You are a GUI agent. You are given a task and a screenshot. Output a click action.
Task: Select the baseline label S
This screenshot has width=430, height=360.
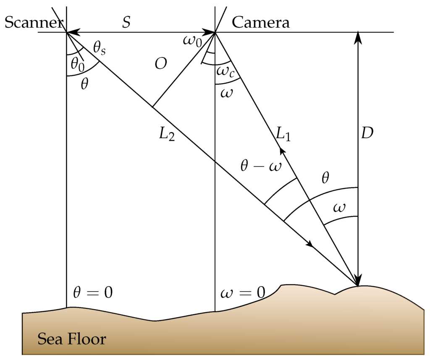pos(126,22)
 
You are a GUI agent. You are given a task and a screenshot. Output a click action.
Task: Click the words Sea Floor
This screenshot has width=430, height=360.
pos(72,339)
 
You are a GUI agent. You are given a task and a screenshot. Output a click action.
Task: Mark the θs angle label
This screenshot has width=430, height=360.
pos(100,49)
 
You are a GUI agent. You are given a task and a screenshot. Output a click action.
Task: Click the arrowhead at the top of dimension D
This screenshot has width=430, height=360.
pos(358,37)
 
